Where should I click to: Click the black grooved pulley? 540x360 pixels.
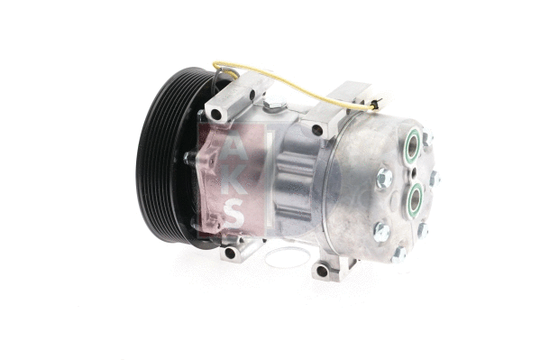(162, 162)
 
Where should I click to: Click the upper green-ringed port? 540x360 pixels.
(411, 143)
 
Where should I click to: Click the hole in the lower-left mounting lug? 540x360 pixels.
(230, 252)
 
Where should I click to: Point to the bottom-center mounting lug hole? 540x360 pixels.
(322, 271)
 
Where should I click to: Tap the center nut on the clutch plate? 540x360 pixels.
(189, 159)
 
